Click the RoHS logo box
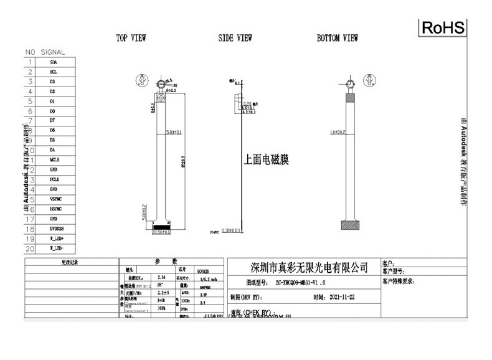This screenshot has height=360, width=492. click(x=443, y=27)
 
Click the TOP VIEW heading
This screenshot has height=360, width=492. click(x=131, y=39)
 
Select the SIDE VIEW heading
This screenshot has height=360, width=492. click(x=235, y=39)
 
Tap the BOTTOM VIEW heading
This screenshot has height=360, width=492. click(x=337, y=39)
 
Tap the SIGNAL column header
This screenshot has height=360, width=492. click(x=53, y=52)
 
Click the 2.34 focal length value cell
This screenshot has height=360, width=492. click(x=163, y=277)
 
